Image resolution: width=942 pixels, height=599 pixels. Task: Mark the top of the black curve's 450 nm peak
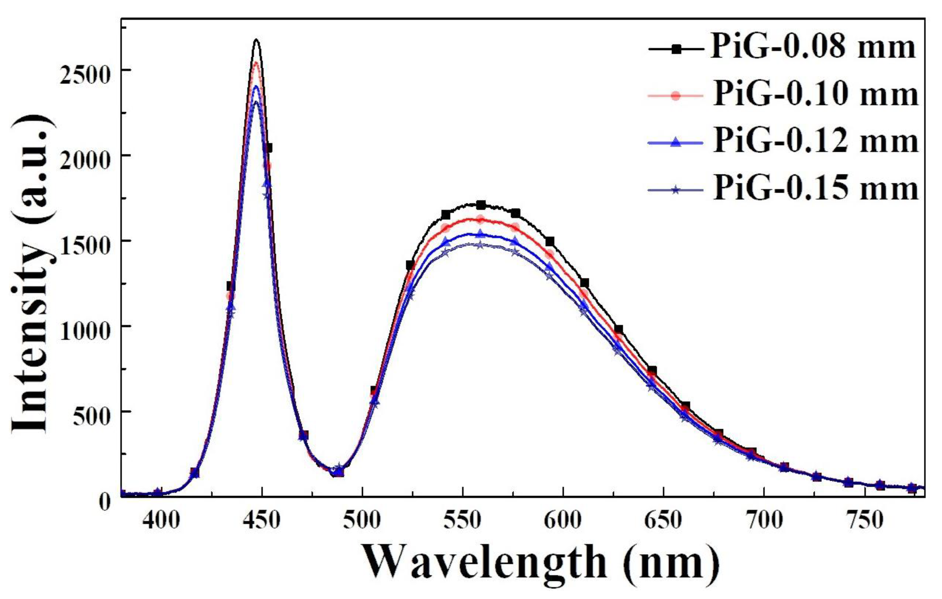click(x=257, y=40)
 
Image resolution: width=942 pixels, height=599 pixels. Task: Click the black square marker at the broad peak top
click(x=481, y=205)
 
